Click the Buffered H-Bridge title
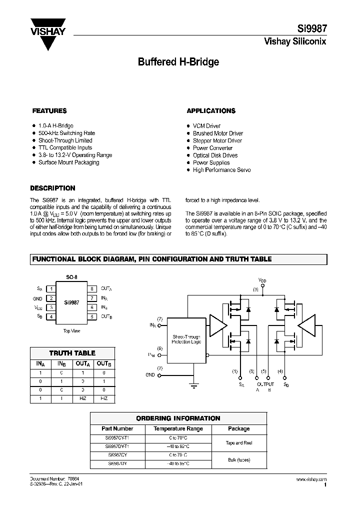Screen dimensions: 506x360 click(x=178, y=62)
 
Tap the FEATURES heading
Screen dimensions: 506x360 click(x=49, y=110)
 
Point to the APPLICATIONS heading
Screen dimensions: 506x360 click(x=211, y=110)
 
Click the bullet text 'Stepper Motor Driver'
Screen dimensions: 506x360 click(x=217, y=140)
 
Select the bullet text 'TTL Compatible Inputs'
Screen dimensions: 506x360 click(x=65, y=148)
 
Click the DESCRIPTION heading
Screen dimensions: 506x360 click(x=52, y=188)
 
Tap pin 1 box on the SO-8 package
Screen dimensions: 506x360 click(x=50, y=288)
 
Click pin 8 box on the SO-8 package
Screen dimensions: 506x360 click(x=92, y=288)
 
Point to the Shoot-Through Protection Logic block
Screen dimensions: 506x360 click(x=186, y=339)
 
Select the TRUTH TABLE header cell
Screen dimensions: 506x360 click(x=72, y=353)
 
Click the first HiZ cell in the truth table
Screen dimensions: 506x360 click(x=83, y=398)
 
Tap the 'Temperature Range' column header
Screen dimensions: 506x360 click(x=178, y=428)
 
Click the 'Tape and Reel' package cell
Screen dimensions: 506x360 click(x=238, y=443)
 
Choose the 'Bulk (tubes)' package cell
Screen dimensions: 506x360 click(x=238, y=459)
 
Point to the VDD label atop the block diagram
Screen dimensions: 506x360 click(x=262, y=280)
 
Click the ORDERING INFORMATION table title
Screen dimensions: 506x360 click(x=178, y=418)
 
